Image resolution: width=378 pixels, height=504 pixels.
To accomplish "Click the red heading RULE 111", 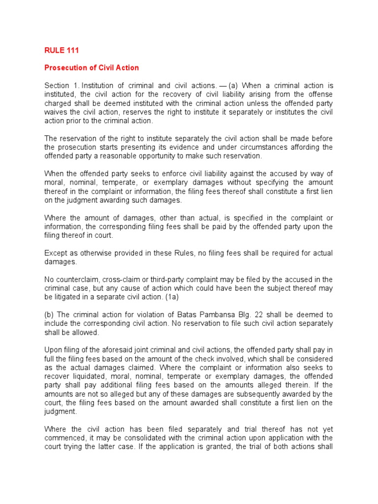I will pos(62,50).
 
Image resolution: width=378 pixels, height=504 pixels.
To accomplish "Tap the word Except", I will pos(55,253).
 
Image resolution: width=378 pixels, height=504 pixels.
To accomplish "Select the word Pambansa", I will pos(226,315).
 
